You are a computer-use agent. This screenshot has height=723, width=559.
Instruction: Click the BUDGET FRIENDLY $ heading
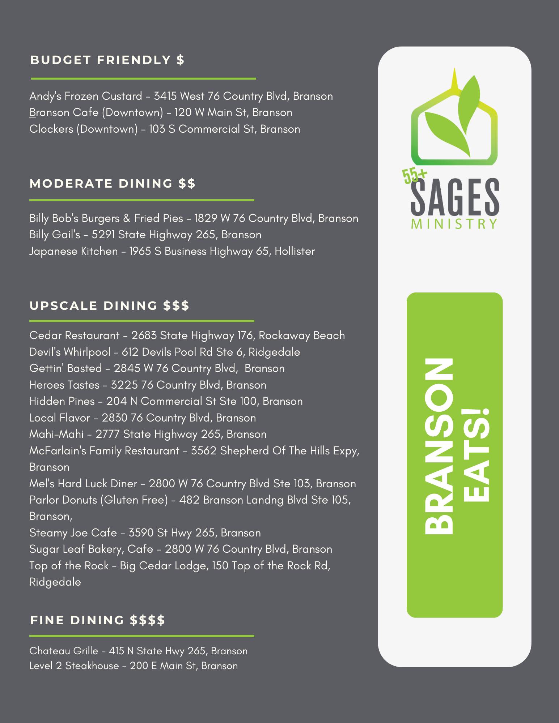click(107, 60)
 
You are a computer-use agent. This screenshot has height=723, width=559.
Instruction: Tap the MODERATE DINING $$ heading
click(112, 184)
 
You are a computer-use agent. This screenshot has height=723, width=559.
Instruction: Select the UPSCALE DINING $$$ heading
click(109, 306)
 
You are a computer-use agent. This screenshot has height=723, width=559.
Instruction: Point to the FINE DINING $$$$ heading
click(98, 620)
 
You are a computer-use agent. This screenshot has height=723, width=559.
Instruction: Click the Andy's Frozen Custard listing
click(181, 96)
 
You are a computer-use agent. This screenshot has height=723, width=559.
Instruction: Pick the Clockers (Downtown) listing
click(165, 129)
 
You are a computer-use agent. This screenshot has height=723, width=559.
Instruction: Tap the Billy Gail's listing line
click(145, 235)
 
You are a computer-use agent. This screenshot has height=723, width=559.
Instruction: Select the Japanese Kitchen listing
click(172, 251)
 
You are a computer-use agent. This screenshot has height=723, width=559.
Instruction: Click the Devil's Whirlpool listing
click(165, 352)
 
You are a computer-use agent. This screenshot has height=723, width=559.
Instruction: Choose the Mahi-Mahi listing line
click(148, 434)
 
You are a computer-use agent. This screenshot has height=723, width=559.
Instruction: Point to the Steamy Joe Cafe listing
click(145, 533)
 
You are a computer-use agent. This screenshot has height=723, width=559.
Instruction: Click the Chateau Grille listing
click(138, 651)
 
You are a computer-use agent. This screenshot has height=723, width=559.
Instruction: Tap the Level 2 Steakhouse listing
click(134, 666)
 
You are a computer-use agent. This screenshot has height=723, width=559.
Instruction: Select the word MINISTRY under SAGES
click(454, 224)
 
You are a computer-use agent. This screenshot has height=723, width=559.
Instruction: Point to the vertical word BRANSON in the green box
click(439, 446)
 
